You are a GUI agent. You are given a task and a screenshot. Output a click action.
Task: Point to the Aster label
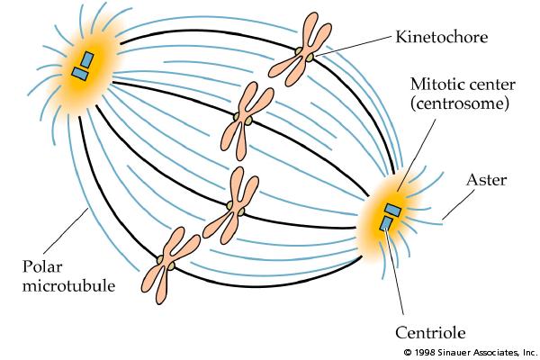[486, 181]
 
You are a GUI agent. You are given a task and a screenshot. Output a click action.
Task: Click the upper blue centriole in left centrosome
[88, 59]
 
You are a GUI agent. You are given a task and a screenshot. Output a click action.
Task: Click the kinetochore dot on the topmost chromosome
[310, 57]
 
